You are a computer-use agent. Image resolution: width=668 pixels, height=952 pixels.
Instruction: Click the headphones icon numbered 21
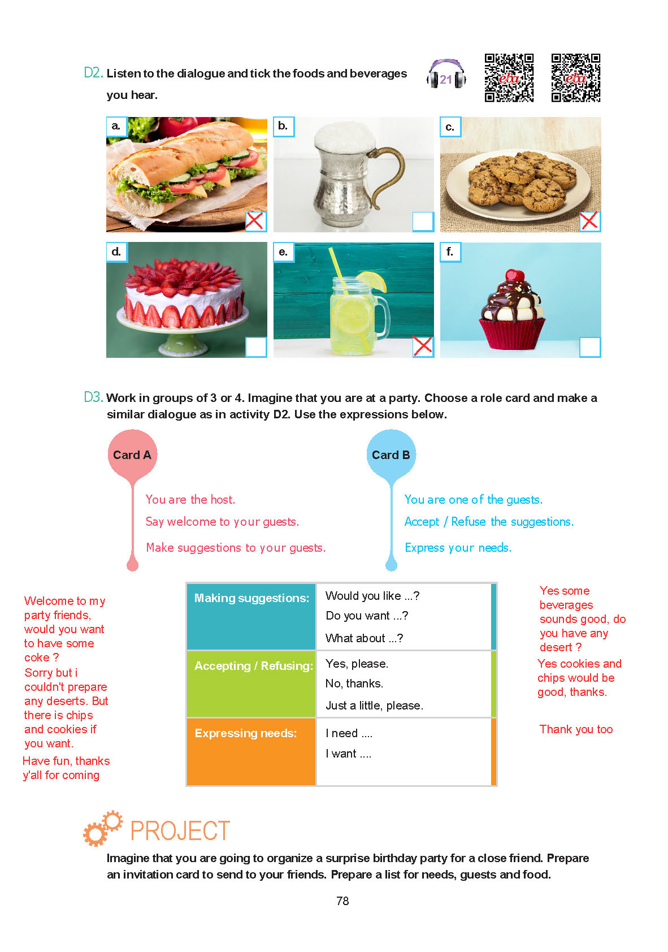(x=446, y=75)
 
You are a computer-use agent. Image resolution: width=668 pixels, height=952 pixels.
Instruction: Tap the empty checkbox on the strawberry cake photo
(x=256, y=347)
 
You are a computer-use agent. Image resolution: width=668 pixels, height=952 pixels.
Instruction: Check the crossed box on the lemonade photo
(x=423, y=346)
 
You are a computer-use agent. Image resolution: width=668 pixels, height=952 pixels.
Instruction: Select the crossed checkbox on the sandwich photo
(x=255, y=221)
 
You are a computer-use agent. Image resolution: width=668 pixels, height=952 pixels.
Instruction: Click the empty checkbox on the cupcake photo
(x=590, y=347)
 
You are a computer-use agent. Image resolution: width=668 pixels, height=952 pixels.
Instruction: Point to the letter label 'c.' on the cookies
(x=450, y=127)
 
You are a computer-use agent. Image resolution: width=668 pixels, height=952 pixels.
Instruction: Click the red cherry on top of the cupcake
(x=514, y=275)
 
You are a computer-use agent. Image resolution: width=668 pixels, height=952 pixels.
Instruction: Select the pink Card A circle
(x=132, y=455)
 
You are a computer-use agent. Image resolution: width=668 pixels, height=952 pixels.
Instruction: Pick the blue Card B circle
(x=391, y=455)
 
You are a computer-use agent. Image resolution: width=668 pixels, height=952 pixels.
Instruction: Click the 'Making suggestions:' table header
(x=251, y=598)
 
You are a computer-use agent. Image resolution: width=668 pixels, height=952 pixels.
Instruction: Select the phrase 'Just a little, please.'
(x=374, y=706)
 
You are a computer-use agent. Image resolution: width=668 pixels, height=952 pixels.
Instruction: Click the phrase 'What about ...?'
(x=365, y=638)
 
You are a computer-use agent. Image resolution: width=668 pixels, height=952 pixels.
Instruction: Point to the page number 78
(x=342, y=901)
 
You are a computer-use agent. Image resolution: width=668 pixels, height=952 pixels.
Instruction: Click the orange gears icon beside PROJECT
(x=102, y=828)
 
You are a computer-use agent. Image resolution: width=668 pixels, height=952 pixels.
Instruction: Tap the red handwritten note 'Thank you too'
(x=576, y=729)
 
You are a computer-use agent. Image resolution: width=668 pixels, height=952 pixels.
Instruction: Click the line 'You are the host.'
(x=190, y=500)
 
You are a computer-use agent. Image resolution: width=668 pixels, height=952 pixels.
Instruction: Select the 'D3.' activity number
(x=93, y=397)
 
